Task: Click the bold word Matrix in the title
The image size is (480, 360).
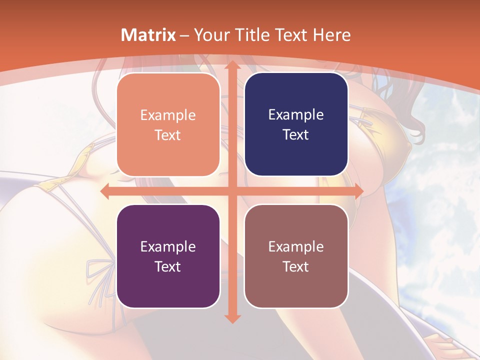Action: coord(148,35)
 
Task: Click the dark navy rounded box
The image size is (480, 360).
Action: coord(296,155)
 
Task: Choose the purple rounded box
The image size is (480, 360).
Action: coord(168,287)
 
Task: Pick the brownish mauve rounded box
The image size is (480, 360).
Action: coord(296,287)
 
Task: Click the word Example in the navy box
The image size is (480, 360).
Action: coord(296,114)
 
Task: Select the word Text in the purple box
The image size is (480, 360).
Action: coord(168,266)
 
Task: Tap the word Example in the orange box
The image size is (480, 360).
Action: coord(168,115)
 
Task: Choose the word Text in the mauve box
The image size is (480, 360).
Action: coord(296,266)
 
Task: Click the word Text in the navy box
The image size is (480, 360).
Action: coord(296,134)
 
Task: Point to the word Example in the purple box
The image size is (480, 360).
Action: coord(168,246)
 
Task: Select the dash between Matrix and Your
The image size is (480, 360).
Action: coord(184,35)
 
